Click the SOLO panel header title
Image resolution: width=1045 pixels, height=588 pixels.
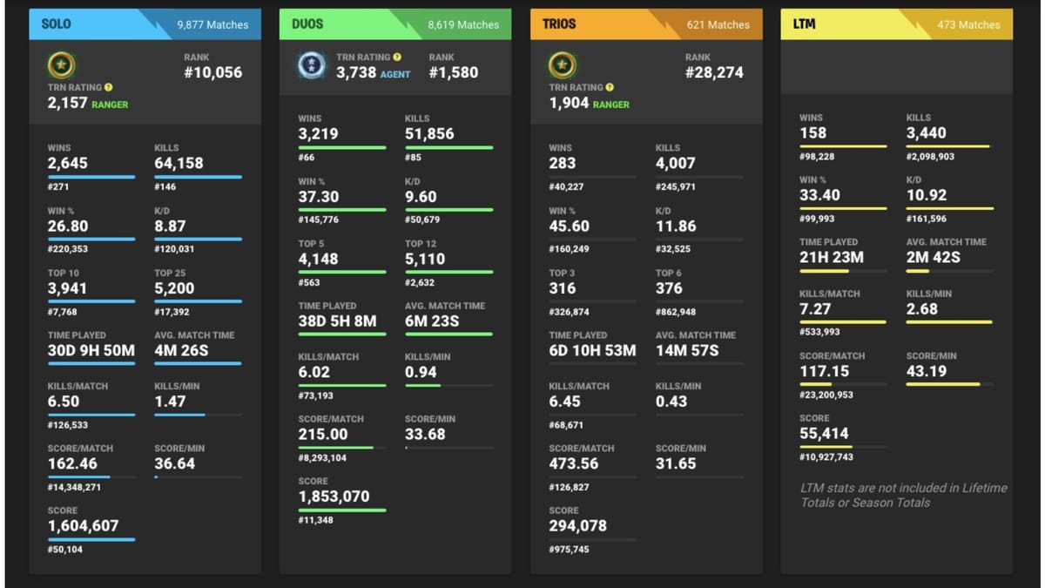tap(57, 24)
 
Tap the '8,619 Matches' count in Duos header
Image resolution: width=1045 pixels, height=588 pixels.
tap(463, 24)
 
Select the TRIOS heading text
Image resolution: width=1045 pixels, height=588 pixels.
tap(559, 24)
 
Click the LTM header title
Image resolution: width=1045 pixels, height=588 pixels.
tap(805, 24)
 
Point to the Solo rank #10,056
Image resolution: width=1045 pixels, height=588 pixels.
tap(212, 73)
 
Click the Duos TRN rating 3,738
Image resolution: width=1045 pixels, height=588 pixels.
tap(355, 73)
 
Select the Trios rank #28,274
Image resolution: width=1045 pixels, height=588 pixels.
tap(714, 73)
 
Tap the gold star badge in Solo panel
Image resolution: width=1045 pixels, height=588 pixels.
tap(61, 65)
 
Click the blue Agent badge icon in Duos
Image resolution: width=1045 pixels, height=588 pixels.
tap(311, 65)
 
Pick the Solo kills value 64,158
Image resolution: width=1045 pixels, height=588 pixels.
tap(179, 163)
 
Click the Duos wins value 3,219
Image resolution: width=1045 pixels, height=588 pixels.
tap(318, 134)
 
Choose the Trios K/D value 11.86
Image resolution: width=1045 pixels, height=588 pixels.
tap(676, 226)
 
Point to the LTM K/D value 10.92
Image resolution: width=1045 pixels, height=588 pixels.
tap(927, 196)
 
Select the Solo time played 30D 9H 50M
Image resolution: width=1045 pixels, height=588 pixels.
tap(91, 351)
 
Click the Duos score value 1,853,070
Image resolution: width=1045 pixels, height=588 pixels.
tap(334, 497)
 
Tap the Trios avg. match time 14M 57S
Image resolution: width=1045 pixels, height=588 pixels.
tap(687, 351)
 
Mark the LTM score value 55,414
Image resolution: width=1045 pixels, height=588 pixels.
tap(824, 434)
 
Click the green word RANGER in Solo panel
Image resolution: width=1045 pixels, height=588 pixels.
tap(110, 105)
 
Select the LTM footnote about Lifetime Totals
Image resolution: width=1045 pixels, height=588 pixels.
tap(903, 495)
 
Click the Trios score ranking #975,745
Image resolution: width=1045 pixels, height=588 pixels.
tap(569, 550)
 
